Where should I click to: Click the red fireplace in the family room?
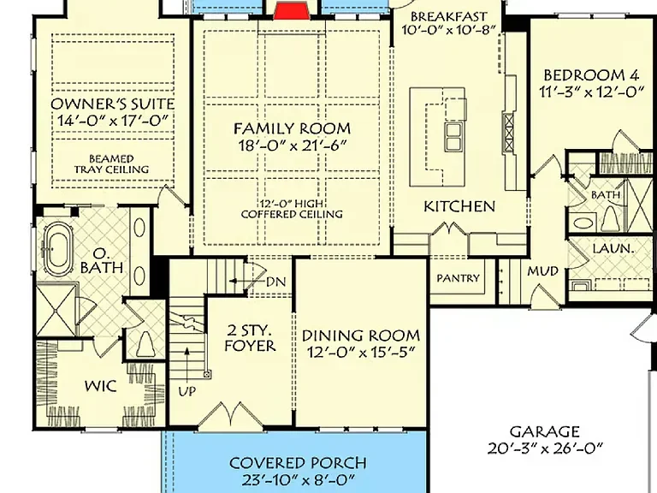(x=292, y=11)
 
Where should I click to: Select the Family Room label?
(x=292, y=128)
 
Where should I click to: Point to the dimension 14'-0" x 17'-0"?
(x=112, y=121)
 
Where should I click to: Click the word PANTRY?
(x=458, y=278)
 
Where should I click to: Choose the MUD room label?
(x=542, y=271)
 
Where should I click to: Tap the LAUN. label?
(x=613, y=248)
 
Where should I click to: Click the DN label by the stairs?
(x=275, y=282)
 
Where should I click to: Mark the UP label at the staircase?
(x=186, y=391)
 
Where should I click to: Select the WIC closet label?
(x=101, y=386)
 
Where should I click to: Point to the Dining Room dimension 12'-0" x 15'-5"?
(x=361, y=353)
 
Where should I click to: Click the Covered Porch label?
(x=298, y=463)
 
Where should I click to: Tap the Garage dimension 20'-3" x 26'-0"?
(x=545, y=448)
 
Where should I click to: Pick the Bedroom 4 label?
(x=591, y=75)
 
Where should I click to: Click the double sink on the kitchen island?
(x=453, y=136)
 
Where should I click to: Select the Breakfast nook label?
(x=449, y=17)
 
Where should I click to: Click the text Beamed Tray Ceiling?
(x=111, y=164)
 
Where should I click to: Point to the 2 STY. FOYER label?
(x=250, y=338)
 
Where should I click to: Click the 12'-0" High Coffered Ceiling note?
(x=292, y=209)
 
